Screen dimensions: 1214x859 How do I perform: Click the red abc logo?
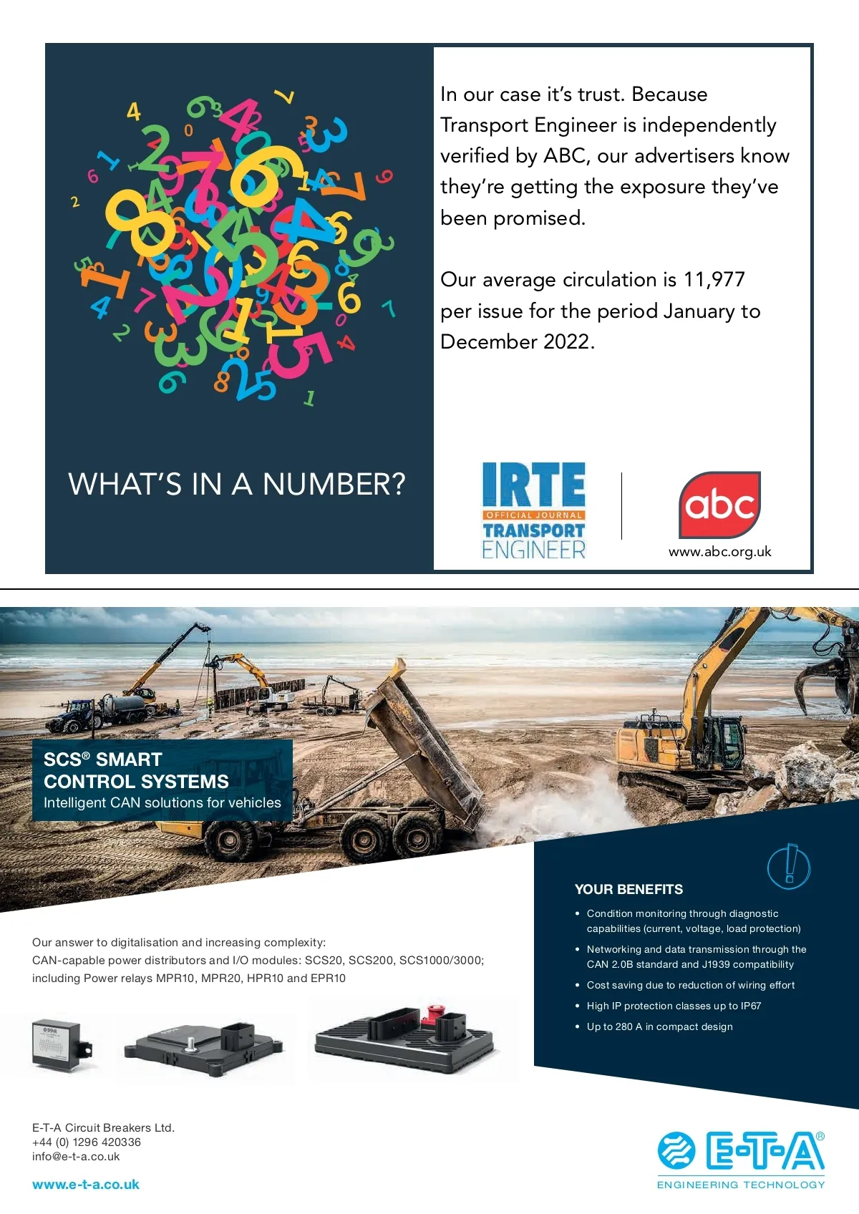tap(719, 505)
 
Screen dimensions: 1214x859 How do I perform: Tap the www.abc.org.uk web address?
tap(719, 552)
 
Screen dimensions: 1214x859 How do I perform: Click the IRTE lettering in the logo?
tap(533, 485)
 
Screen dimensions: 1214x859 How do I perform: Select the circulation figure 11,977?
tap(714, 279)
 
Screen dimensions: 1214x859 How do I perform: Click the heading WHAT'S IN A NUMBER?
tap(236, 485)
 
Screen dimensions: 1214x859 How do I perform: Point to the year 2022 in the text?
tap(566, 342)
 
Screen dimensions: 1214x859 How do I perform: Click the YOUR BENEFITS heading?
tap(629, 890)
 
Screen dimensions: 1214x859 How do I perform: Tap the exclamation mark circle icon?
tap(789, 866)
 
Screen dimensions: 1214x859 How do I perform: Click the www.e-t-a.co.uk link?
tap(86, 1185)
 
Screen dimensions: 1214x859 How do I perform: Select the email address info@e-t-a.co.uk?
tap(76, 1157)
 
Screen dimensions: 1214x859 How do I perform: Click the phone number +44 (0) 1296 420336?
tap(87, 1142)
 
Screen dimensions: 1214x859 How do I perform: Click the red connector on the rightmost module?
tap(432, 1014)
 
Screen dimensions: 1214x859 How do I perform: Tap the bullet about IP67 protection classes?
tap(674, 1006)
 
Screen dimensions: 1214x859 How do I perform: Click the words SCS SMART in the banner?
tap(103, 759)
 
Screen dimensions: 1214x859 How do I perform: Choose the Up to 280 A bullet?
tap(659, 1026)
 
